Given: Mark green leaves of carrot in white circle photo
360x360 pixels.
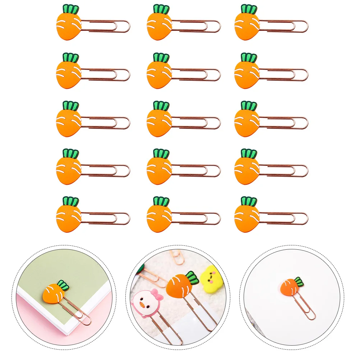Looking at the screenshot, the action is click(298, 281).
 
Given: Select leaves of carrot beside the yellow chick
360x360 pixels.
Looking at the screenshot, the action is click(192, 278).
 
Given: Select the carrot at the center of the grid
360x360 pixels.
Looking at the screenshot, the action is click(159, 122).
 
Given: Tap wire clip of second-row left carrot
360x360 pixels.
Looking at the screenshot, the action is click(106, 74).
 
